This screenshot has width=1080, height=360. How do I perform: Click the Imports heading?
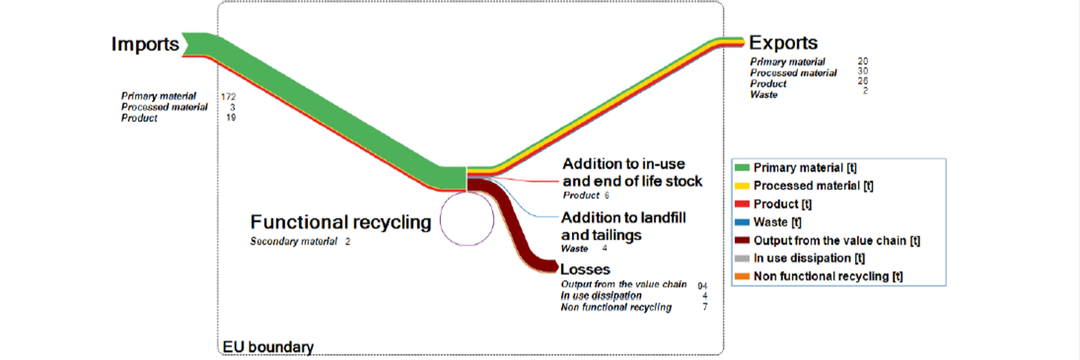pos(145,44)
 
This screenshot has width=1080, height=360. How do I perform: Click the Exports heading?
pos(783,43)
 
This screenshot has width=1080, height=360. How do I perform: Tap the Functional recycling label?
pos(341,222)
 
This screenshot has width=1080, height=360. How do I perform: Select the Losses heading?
pos(586,270)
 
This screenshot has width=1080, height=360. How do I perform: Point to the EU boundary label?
pos(268,347)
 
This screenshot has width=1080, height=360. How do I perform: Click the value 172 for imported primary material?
pos(228,97)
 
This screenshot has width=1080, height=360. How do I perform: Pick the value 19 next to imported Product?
pos(231,118)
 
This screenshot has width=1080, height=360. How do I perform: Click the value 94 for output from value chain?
pos(702,286)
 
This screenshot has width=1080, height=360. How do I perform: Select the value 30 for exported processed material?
pos(863,71)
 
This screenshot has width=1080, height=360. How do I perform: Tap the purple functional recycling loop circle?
pos(440,219)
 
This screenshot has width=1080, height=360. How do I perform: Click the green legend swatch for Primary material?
pos(742,168)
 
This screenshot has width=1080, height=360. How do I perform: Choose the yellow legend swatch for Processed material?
pos(742,185)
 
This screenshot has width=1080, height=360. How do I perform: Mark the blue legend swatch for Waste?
pos(742,222)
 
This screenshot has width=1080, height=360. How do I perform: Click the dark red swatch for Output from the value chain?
pos(742,240)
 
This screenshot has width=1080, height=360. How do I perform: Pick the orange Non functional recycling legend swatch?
pos(742,276)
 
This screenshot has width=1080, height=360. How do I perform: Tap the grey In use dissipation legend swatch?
pos(742,258)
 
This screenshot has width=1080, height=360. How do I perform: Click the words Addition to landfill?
pos(624,218)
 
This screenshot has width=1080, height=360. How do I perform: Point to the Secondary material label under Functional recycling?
pos(293,241)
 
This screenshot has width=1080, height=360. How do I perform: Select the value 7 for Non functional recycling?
pos(705,307)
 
